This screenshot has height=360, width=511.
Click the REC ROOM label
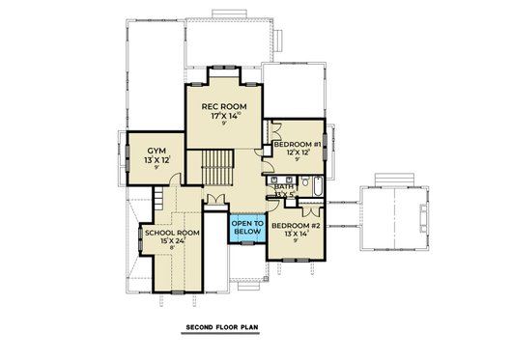tap(222, 106)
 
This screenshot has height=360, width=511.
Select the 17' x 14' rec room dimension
tap(222, 116)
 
